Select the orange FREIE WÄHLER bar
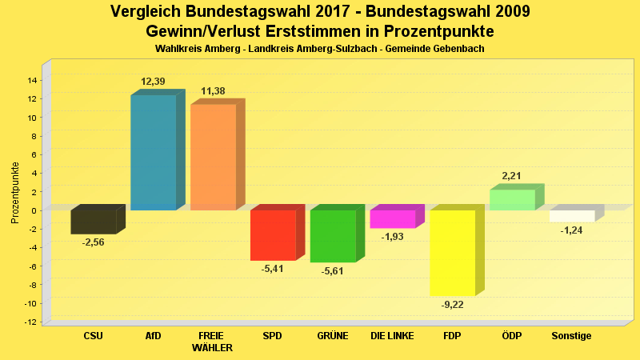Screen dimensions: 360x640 tap(213, 157)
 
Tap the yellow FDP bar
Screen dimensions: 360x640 tap(453, 253)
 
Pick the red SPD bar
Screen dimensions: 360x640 tap(273, 235)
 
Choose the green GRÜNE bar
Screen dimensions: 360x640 tap(333, 236)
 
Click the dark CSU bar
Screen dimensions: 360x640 tap(94, 222)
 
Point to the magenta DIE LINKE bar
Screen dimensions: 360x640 tap(393, 219)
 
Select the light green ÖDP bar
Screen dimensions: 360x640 tap(512, 200)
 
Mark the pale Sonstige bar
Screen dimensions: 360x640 tap(572, 216)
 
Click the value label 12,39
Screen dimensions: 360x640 tap(153, 82)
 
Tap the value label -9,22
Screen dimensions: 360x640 tap(453, 305)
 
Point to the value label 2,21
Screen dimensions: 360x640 tap(512, 175)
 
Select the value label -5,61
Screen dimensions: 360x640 tap(333, 271)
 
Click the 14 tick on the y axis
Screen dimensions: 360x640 tap(32, 80)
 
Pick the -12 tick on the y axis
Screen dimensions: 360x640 tap(30, 322)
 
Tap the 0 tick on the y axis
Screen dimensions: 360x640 tap(34, 210)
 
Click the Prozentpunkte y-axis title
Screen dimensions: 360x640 tap(15, 192)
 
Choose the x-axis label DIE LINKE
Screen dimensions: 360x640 tap(392, 336)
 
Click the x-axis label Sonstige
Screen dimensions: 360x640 tap(571, 336)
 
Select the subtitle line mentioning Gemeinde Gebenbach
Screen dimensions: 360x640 tap(320, 49)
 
